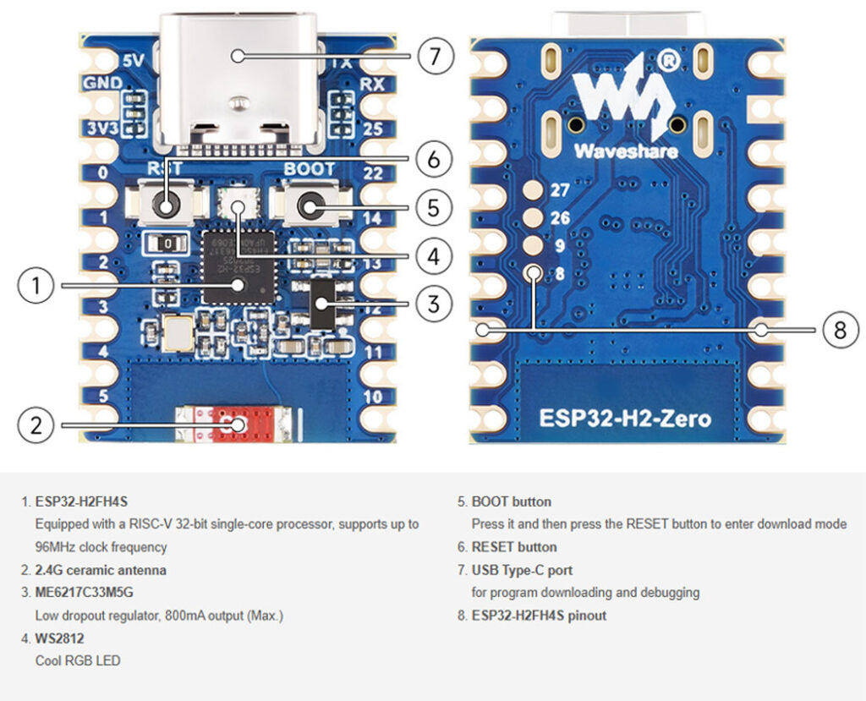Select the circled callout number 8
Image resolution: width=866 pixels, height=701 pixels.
tap(839, 330)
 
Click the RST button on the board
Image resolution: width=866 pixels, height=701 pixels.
tap(166, 205)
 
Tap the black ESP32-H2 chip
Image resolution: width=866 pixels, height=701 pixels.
tap(238, 266)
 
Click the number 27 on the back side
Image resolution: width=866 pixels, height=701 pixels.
tap(560, 191)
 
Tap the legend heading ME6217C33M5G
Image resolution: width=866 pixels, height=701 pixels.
tap(84, 593)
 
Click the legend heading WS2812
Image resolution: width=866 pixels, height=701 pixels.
tap(59, 638)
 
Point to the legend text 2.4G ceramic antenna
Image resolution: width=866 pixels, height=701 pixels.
tap(101, 570)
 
